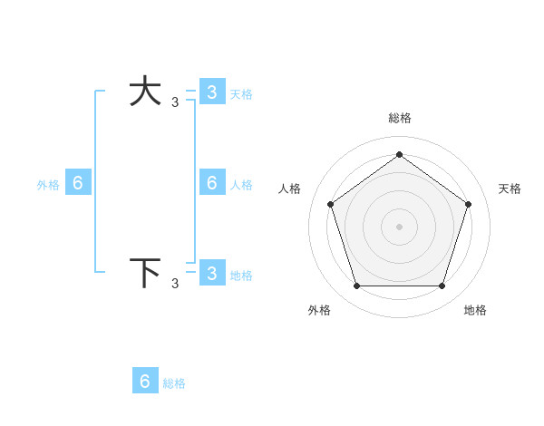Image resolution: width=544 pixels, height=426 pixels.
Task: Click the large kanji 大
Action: point(145,92)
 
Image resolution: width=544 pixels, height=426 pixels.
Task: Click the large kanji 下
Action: point(145,273)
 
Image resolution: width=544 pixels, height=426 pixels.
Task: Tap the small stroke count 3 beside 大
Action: point(175,102)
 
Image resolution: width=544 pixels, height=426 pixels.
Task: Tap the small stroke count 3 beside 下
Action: point(175,284)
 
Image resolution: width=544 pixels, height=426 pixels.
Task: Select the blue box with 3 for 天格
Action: point(211,92)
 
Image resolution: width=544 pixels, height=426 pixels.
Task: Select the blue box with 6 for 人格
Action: point(211,183)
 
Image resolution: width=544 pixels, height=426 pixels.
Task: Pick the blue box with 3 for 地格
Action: point(211,274)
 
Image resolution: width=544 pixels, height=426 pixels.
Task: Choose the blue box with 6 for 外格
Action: point(78,183)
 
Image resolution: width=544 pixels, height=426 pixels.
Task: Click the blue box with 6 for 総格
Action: point(145,381)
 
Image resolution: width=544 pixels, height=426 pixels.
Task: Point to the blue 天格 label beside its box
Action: point(241,93)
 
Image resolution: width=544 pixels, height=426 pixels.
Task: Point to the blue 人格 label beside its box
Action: point(241,184)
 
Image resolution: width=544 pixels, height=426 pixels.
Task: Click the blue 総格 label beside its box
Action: point(174,383)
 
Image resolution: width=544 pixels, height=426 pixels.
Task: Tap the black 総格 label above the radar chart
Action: point(399,118)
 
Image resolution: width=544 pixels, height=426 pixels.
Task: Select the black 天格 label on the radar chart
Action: point(510,189)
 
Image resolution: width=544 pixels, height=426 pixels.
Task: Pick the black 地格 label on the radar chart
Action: point(475,310)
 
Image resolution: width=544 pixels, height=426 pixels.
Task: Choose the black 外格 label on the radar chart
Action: point(319,310)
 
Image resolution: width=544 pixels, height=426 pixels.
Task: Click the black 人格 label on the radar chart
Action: point(290,189)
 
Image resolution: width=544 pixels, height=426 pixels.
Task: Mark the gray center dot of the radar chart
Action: point(399,226)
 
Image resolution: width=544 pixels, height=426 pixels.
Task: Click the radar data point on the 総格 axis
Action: point(399,155)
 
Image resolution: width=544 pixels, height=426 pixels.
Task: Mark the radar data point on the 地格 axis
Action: point(442,286)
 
